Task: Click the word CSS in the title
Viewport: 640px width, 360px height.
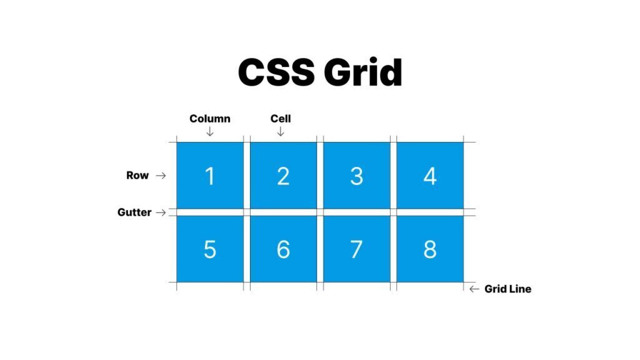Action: tap(276, 73)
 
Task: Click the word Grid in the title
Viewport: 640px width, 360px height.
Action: tap(362, 73)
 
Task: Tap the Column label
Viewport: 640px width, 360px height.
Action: tap(210, 119)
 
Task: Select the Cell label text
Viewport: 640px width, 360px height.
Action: tap(281, 119)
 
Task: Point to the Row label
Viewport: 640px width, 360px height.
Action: tap(137, 176)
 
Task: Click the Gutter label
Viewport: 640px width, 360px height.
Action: tap(134, 212)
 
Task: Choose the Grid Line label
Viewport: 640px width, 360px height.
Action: tap(507, 289)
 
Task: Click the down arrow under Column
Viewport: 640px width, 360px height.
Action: tap(210, 131)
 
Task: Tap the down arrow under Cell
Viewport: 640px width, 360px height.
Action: tap(281, 131)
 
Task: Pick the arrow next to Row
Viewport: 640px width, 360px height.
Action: tap(161, 176)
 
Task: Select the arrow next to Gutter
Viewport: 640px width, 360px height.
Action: tap(161, 212)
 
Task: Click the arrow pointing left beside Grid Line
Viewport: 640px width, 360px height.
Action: tap(474, 289)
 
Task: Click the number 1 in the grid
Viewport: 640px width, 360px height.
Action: tap(210, 176)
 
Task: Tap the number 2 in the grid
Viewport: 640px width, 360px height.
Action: tap(283, 176)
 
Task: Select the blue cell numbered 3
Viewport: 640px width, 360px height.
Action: tap(356, 176)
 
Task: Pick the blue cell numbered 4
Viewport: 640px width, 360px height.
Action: tap(430, 176)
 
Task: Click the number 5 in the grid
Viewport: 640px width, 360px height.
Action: tap(210, 249)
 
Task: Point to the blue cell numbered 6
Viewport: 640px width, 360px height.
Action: tap(283, 249)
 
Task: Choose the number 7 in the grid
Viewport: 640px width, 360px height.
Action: tap(356, 249)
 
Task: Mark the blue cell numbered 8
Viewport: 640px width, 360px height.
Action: tap(430, 249)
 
